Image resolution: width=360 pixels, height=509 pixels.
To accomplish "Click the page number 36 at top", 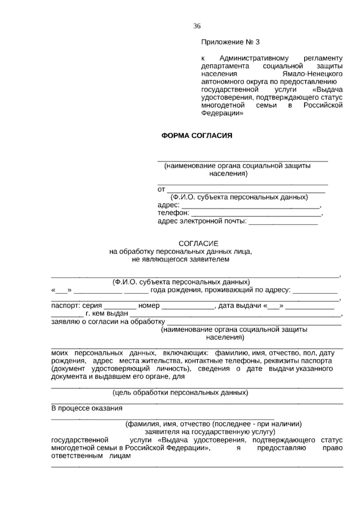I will (x=197, y=26).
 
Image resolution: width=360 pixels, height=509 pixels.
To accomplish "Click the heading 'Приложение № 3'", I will (x=230, y=42).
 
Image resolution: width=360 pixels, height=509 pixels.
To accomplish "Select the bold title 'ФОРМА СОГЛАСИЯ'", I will (x=197, y=136).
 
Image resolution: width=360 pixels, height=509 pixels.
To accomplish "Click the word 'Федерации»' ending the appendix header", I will (x=222, y=113).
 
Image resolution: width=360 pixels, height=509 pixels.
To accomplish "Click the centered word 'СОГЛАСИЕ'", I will (x=199, y=243).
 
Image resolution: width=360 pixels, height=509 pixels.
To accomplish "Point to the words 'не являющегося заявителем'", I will (x=181, y=259).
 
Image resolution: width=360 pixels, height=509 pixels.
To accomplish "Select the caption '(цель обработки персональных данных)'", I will (x=180, y=393).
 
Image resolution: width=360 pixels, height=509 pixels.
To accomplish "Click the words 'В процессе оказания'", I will (x=87, y=408).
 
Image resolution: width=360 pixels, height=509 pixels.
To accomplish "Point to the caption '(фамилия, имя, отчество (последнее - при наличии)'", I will (x=213, y=424).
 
